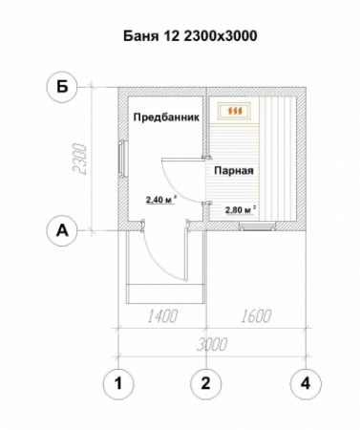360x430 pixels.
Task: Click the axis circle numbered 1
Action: [117, 384]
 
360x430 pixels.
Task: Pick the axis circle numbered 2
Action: [205, 384]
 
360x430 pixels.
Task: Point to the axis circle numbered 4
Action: [305, 384]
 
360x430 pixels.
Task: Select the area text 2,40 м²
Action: [159, 202]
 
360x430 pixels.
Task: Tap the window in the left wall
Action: [120, 159]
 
